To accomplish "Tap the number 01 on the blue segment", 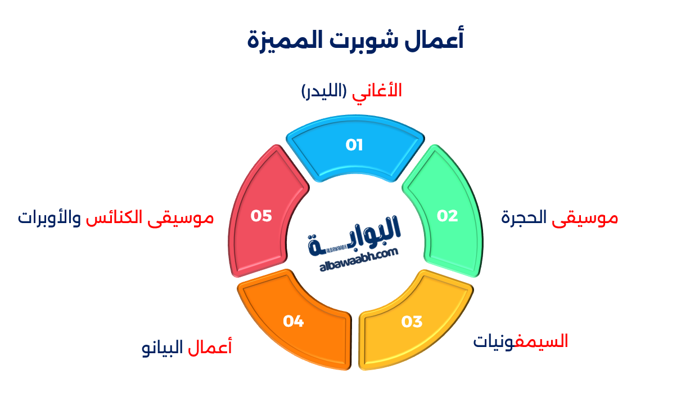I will coord(354,145).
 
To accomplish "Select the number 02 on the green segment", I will coord(448,216).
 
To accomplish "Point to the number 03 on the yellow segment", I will coord(412,322).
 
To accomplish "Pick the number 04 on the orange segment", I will coord(294,322).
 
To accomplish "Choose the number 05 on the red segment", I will coord(261,216).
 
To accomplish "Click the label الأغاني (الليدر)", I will coord(352,91).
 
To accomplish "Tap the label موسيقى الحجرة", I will coord(560,218).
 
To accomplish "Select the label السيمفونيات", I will coord(520,341).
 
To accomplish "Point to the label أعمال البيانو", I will coord(187,347).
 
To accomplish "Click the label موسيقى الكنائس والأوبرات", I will coord(116,218).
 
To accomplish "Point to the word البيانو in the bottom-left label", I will coord(163,347).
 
